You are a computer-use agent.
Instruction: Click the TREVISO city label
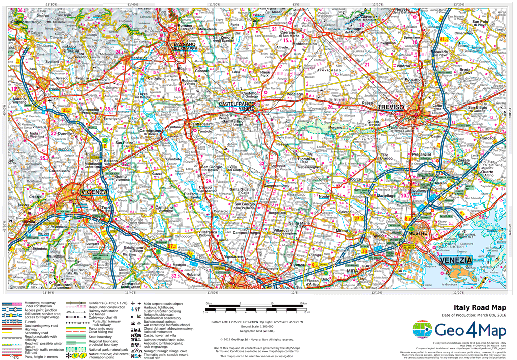point(391,107)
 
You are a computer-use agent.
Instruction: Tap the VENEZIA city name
point(455,260)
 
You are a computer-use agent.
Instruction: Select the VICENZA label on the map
point(94,192)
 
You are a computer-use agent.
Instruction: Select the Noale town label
point(324,196)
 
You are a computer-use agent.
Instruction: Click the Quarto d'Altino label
point(487,173)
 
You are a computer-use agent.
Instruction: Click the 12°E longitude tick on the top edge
point(295,4)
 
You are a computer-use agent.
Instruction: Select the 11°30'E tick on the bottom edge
point(48,292)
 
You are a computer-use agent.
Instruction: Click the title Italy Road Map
point(480,307)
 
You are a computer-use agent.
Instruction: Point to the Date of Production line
point(474,315)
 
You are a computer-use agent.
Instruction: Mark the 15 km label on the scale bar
point(303,303)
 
